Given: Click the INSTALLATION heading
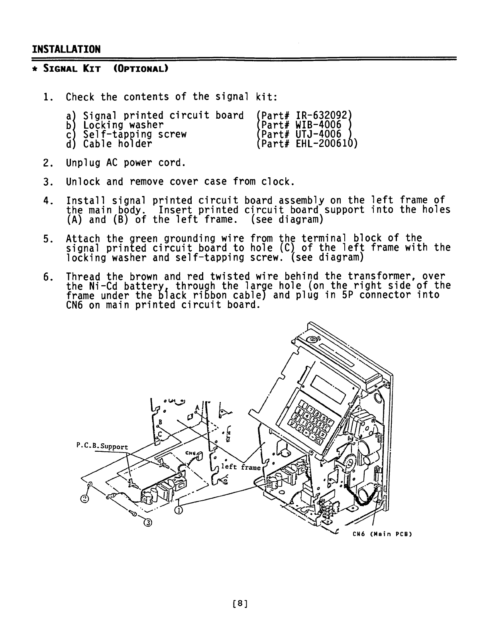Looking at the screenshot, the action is click(66, 49).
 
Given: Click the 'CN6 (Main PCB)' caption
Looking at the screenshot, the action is click(381, 534).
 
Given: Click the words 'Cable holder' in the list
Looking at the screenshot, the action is click(117, 144).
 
